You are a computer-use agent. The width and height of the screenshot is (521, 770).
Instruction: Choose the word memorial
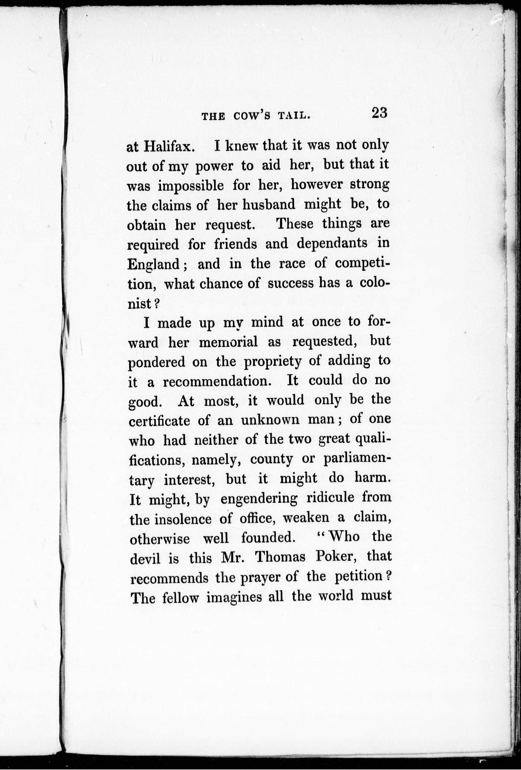pos(228,342)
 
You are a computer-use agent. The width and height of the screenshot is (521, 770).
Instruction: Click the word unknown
pos(270,420)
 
